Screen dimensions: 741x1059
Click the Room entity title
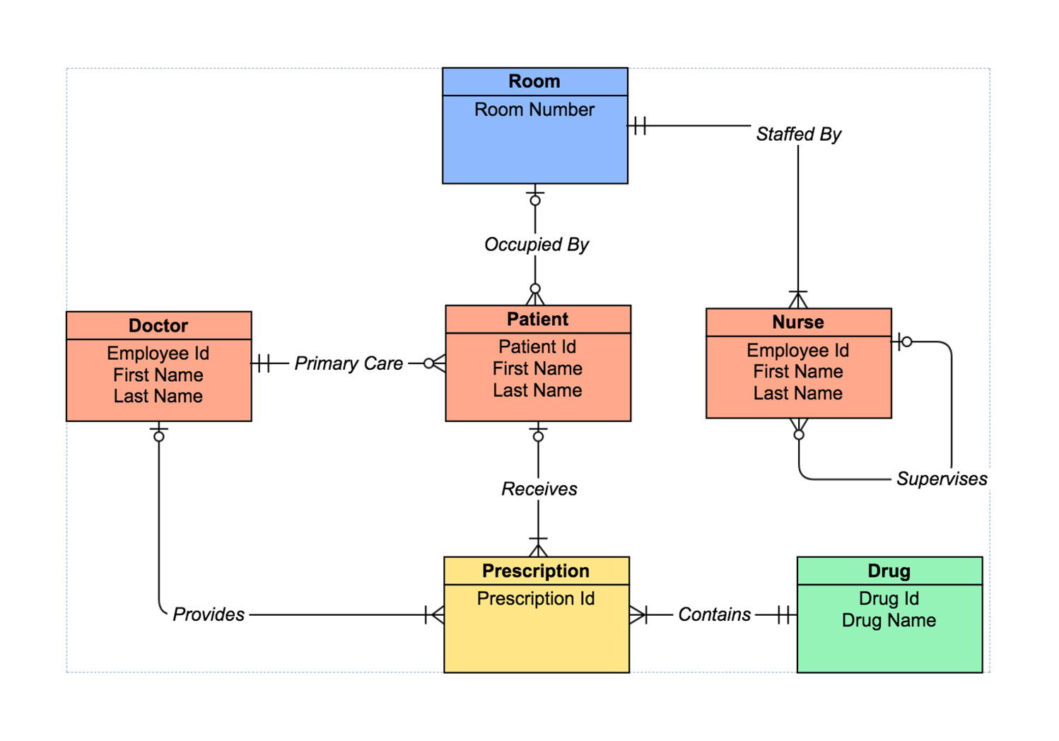click(534, 81)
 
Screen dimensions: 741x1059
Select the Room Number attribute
click(534, 110)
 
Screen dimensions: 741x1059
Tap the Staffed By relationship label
click(798, 134)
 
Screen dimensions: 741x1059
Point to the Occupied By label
click(536, 245)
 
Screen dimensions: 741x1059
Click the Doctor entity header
click(158, 325)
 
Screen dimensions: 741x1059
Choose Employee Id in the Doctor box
click(158, 353)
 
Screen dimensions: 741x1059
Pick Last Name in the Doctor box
click(158, 396)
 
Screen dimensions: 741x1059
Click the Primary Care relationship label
click(349, 363)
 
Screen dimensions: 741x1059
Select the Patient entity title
click(537, 319)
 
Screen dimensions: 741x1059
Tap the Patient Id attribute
click(537, 346)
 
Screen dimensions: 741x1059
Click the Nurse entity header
click(798, 322)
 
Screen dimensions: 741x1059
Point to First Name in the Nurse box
click(798, 371)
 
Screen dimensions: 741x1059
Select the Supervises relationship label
click(941, 479)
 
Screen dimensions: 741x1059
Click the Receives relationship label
click(539, 489)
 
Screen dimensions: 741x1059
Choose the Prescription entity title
click(536, 571)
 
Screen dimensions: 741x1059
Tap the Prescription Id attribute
click(536, 598)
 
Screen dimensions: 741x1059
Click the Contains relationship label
click(714, 614)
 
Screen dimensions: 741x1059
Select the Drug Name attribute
click(889, 620)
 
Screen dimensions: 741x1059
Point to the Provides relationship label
click(209, 614)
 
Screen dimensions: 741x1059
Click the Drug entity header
click(889, 571)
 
